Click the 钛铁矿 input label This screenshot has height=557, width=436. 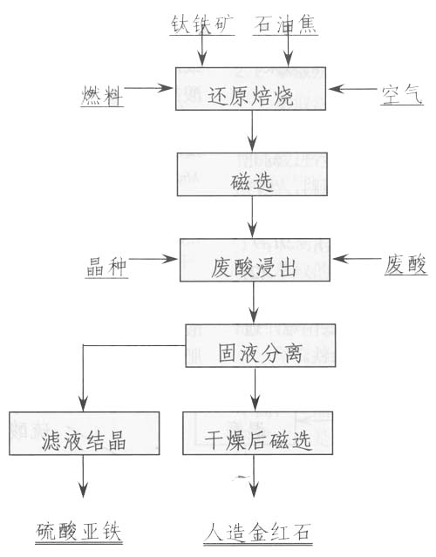(202, 24)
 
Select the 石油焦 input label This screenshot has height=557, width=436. (285, 24)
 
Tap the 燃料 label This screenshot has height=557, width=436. (102, 96)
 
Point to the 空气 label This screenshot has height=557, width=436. (402, 94)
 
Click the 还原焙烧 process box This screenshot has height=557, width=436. (250, 88)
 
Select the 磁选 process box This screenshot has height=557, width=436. (252, 174)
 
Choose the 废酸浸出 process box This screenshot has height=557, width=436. (255, 260)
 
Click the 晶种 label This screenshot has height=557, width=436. (106, 267)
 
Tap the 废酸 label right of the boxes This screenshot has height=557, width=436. (405, 265)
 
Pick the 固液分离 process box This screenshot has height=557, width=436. (261, 345)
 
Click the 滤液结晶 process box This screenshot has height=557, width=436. (85, 433)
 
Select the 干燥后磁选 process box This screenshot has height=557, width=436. (257, 433)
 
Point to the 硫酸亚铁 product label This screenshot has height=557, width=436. (78, 532)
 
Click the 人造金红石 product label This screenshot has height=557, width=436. (258, 533)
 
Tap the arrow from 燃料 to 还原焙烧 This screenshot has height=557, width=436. (148, 88)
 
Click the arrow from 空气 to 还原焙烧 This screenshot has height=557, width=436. (352, 88)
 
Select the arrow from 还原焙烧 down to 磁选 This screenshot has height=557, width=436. (252, 131)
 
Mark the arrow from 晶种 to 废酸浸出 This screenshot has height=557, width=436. (153, 259)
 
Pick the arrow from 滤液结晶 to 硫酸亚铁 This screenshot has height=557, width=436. (83, 476)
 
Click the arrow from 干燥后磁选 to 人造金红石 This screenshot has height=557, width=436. (254, 476)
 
